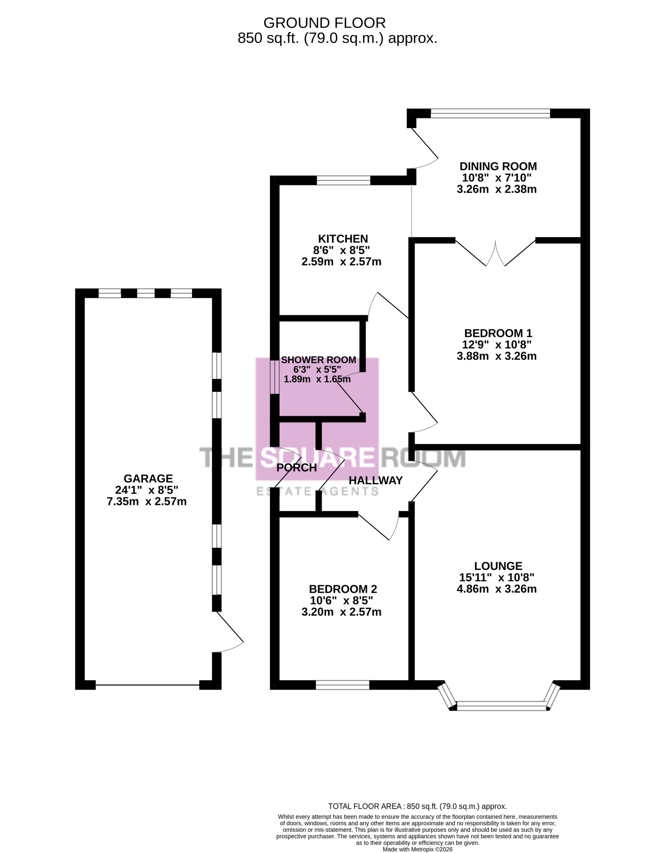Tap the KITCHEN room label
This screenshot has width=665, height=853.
tap(343, 239)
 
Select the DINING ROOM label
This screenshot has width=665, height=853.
tap(498, 166)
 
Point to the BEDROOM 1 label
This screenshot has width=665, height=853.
tap(498, 333)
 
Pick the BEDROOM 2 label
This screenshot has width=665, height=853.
tap(343, 589)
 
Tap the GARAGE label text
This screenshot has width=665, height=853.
tap(148, 479)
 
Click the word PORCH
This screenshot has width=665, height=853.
tap(297, 468)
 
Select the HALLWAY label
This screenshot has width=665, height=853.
tap(375, 480)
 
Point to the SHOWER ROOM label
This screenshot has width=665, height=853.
tap(319, 360)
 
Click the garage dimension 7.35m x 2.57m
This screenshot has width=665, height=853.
tap(147, 502)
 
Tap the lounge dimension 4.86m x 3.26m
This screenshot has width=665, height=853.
tap(497, 589)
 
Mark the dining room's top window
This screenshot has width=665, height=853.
tap(490, 113)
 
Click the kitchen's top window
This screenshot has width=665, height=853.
tap(343, 180)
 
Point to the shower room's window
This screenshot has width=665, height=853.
tap(275, 377)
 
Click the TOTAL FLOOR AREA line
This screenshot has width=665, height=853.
tap(418, 806)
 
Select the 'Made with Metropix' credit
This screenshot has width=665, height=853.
tap(418, 849)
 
